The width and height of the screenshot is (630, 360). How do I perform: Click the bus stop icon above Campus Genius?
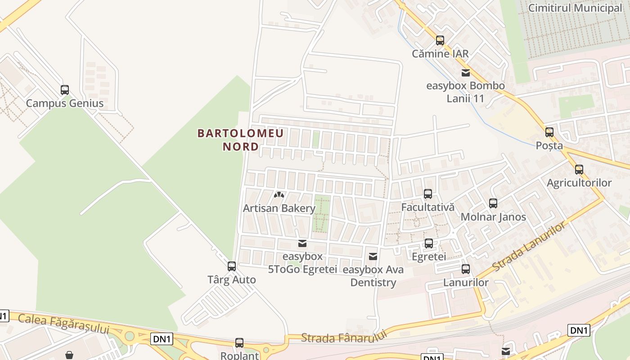pos(65,90)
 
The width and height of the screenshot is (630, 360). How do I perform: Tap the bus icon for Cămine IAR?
pos(440,40)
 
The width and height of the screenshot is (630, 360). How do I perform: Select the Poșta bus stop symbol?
pos(549,132)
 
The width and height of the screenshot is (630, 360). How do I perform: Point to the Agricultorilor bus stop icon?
pos(579,170)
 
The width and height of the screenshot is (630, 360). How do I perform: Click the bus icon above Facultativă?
pos(428,194)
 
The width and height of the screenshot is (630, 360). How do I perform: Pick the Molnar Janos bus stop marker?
pos(493,203)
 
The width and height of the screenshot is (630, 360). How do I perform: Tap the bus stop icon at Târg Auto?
pos(232,266)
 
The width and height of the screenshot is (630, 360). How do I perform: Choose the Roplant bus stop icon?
pos(239,343)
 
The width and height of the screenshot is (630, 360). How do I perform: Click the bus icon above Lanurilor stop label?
pos(466,269)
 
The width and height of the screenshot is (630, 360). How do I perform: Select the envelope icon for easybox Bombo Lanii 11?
pos(466,72)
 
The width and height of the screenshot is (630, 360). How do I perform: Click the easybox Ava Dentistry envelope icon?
pos(373,256)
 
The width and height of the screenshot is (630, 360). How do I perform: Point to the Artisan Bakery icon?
pos(279,195)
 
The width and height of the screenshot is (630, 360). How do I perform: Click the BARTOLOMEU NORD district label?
pos(241,139)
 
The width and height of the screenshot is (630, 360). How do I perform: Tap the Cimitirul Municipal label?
pos(575,8)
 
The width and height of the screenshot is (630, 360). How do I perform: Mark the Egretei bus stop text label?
pos(429,256)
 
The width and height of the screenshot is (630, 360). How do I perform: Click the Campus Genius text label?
pos(65,103)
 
